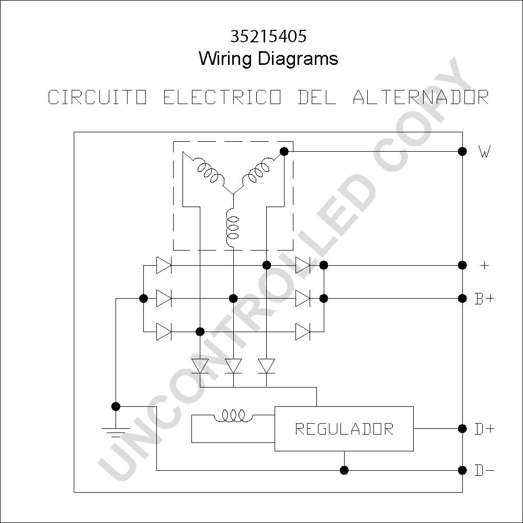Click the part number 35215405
coord(268,37)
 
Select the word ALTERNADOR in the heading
coord(421,97)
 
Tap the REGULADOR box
coord(344,429)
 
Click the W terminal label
coord(485,152)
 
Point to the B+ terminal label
coord(485,299)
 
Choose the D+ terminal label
coord(485,429)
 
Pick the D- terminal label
coord(485,471)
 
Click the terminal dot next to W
coord(462,152)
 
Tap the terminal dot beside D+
coord(462,429)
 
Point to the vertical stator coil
coord(233,228)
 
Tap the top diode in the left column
coord(164,266)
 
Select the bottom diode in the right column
coord(303,332)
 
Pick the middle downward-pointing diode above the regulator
coord(233,366)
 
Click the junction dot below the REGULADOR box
coord(344,470)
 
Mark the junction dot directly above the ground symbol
coord(116,406)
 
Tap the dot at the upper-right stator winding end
coord(284,152)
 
